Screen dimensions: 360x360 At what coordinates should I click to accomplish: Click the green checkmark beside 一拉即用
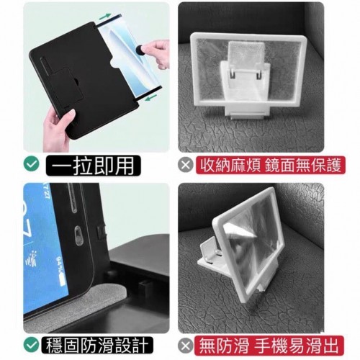pos(32,163)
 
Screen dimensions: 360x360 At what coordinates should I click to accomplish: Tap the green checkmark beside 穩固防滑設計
pos(32,345)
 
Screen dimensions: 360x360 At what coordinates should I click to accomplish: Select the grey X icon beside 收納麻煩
pos(186,165)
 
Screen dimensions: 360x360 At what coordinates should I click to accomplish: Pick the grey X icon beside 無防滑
pos(186,346)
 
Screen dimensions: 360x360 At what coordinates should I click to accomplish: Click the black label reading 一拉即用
pos(93,166)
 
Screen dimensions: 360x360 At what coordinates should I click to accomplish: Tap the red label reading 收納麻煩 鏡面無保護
pos(271,165)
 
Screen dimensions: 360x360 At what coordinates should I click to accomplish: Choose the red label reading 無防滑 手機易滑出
pos(269,346)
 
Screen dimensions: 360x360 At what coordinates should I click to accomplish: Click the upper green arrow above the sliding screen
pos(105,17)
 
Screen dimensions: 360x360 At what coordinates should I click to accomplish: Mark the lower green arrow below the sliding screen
pos(151,97)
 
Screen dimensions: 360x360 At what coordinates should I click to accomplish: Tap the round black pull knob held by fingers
pos(140,51)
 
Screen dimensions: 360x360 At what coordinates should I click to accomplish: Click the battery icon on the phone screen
pos(62,280)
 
